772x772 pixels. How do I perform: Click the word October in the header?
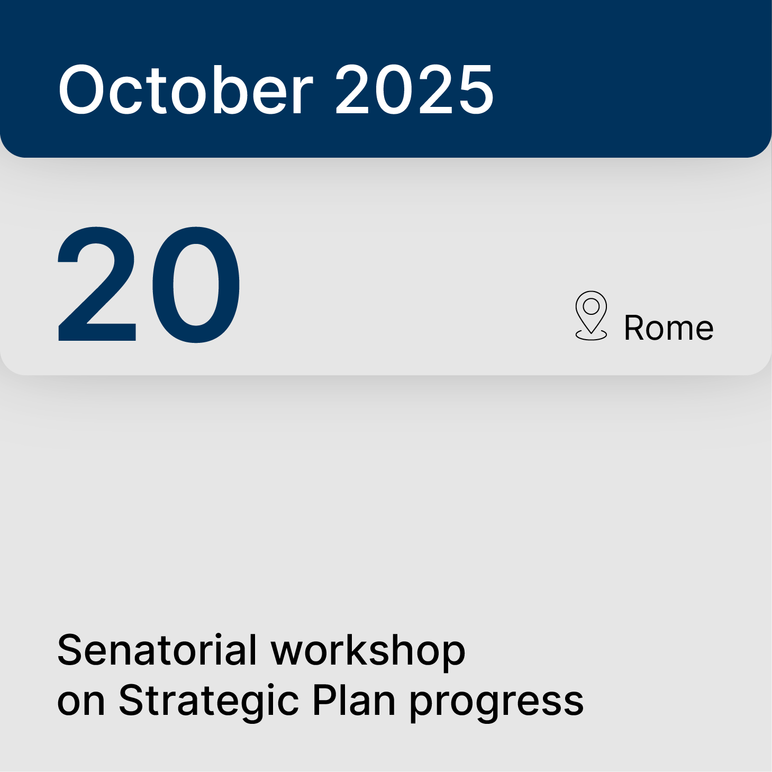click(x=185, y=89)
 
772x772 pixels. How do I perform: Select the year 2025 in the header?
click(x=414, y=89)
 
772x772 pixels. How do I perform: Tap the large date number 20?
click(x=149, y=284)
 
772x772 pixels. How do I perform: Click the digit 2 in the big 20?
click(x=97, y=284)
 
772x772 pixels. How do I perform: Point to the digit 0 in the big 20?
click(x=196, y=284)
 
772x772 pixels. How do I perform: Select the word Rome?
click(x=668, y=328)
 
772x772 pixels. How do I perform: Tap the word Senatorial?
click(x=157, y=650)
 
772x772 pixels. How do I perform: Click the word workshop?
click(x=368, y=650)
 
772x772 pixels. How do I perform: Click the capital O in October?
click(x=86, y=89)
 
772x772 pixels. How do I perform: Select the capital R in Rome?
click(x=634, y=328)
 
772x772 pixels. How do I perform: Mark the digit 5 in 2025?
click(x=474, y=89)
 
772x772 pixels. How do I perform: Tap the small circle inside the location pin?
click(x=591, y=306)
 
